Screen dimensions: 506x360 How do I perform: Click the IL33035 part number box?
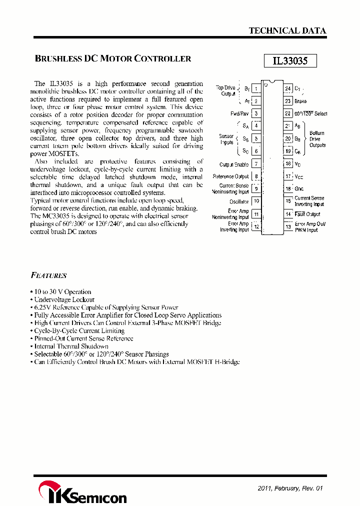click(290, 61)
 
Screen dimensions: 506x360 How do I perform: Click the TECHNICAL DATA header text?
click(287, 30)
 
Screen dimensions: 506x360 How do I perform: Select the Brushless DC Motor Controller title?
click(113, 58)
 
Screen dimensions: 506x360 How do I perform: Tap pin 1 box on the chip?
click(256, 89)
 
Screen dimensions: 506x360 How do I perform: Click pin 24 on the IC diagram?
click(288, 89)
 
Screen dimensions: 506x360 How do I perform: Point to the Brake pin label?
click(300, 101)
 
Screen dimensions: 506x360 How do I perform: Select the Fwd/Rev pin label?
click(240, 113)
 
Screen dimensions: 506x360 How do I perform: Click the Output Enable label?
click(233, 164)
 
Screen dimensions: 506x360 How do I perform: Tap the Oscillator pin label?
click(239, 201)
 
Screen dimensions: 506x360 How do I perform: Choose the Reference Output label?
click(230, 176)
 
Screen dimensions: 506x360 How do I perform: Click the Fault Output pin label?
click(307, 214)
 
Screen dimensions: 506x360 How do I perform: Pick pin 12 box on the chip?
click(256, 226)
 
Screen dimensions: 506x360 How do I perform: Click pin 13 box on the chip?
click(288, 226)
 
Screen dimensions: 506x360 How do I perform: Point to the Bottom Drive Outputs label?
click(317, 139)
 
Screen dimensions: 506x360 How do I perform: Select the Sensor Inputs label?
click(226, 139)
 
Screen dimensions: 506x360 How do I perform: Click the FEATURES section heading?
click(48, 275)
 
